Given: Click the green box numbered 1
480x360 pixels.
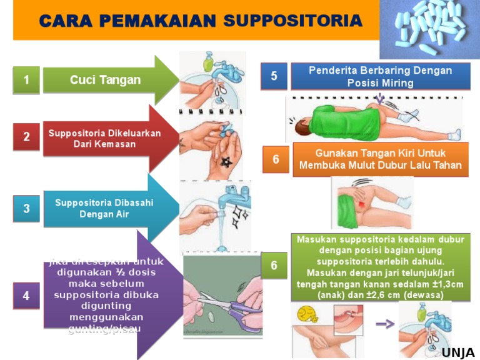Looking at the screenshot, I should [26, 80].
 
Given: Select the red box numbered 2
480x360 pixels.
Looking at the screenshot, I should [26, 137].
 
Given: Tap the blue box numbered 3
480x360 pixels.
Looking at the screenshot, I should [26, 209].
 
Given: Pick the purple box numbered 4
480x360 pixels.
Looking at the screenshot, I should [26, 296].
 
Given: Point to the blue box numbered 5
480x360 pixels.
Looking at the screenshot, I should [274, 76].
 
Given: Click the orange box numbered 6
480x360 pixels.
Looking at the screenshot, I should [276, 159].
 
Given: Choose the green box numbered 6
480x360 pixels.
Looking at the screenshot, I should [274, 266].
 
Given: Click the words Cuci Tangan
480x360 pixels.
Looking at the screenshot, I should [105, 80].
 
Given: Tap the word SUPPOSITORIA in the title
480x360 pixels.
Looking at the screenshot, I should [292, 21].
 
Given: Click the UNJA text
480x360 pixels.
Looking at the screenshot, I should [458, 353].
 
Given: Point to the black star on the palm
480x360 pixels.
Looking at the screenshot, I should [226, 162].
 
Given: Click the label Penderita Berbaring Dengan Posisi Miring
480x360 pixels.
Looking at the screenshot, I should [380, 77].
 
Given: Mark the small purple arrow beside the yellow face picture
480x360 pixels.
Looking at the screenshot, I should [384, 324].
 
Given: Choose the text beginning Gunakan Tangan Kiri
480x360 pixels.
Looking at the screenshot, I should [380, 159].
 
